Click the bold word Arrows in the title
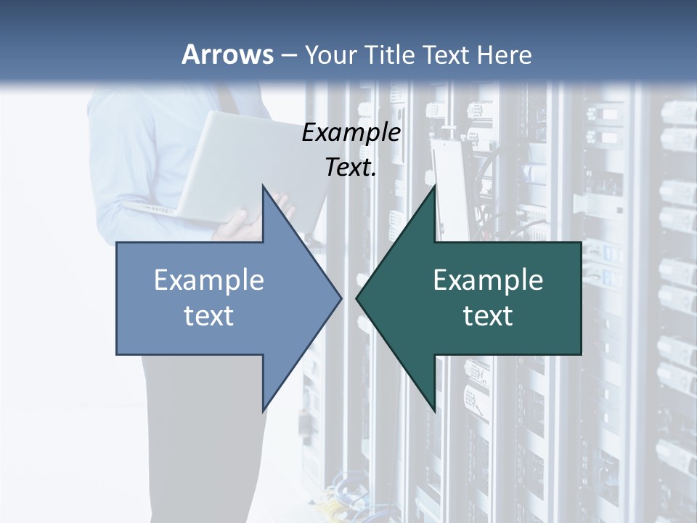[x=227, y=54]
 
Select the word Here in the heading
[x=505, y=54]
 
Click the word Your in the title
[x=330, y=54]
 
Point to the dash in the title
[x=288, y=55]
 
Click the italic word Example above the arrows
[x=351, y=132]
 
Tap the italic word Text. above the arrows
[x=351, y=168]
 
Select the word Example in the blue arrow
[x=208, y=280]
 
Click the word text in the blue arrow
[x=208, y=315]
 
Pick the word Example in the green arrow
[x=488, y=280]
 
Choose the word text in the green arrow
[x=488, y=315]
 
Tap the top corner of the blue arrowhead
[x=263, y=186]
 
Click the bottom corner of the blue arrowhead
[x=263, y=411]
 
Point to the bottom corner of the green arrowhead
[x=434, y=411]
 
